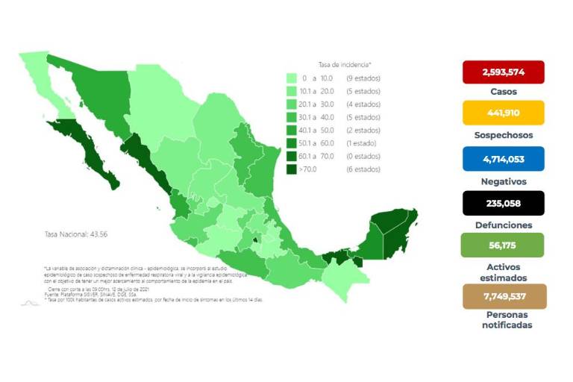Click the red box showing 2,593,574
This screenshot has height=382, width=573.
[x=503, y=72]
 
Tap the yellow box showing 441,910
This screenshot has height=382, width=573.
[x=503, y=113]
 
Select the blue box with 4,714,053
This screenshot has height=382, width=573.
[x=503, y=158]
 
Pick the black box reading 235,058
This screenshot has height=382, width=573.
[x=503, y=202]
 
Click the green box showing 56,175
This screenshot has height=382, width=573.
[x=503, y=245]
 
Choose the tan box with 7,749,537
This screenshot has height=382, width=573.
[x=503, y=295]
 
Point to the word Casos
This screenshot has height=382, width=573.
[x=503, y=92]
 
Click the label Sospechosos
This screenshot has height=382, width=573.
[x=503, y=136]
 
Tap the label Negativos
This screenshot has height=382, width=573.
[x=503, y=181]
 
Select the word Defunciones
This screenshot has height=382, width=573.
[x=503, y=225]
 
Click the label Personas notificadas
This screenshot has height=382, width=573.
[x=503, y=320]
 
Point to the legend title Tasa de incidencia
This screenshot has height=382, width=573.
[x=345, y=65]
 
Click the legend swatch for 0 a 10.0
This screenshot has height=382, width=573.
[x=292, y=78]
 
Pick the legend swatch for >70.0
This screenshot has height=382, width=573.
[x=292, y=169]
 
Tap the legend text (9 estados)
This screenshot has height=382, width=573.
[x=362, y=78]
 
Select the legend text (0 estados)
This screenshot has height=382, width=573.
[x=363, y=156]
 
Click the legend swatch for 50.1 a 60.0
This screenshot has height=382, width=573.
[x=292, y=143]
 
